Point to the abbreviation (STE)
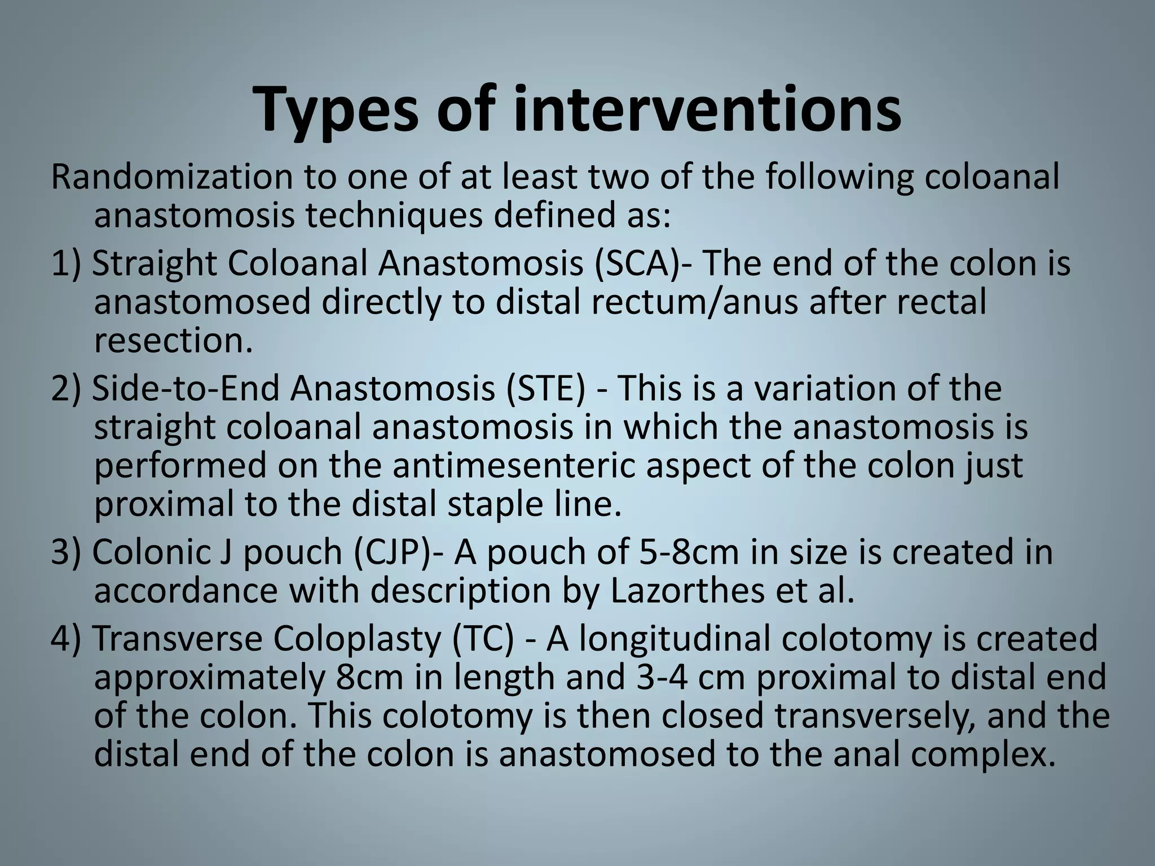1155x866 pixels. click(x=545, y=388)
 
